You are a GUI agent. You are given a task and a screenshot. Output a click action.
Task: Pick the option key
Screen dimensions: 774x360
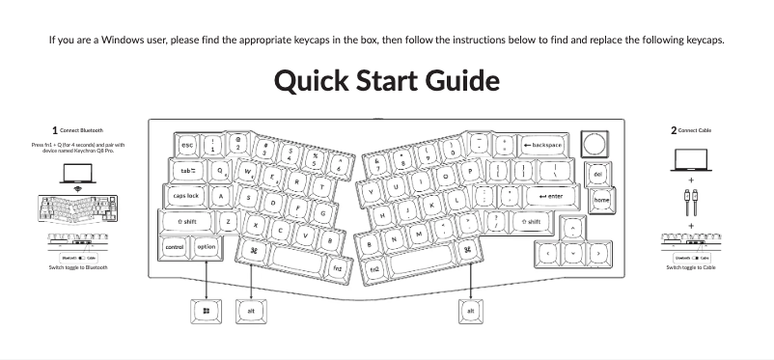click(x=207, y=247)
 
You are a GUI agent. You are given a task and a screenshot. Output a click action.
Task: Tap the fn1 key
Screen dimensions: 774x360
click(x=337, y=267)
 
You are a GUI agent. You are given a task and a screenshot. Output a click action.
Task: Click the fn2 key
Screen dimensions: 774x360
click(x=373, y=267)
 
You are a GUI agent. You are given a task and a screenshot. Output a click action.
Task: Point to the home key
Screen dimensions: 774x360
click(x=601, y=200)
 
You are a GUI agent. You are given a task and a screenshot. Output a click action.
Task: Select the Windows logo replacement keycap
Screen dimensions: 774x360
click(x=207, y=311)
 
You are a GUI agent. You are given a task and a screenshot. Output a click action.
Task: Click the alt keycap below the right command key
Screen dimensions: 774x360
click(x=470, y=311)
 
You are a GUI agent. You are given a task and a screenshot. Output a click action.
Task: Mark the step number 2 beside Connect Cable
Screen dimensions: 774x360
click(x=673, y=129)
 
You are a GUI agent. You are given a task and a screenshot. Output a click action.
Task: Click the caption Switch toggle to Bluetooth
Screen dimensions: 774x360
click(x=77, y=267)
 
